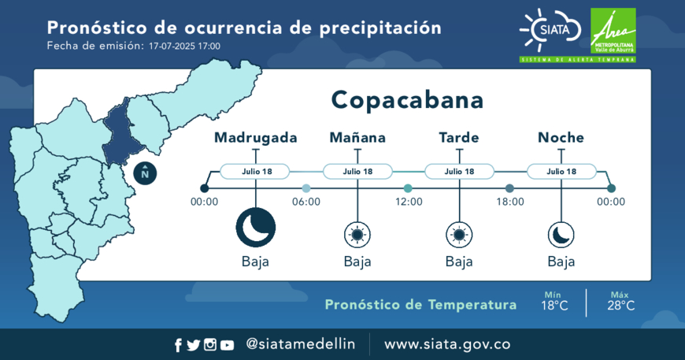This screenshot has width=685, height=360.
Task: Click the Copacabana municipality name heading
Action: pos(407,101)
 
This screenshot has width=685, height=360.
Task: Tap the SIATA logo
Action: pos(550,30)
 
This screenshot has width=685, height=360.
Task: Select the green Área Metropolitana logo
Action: pos(613,31)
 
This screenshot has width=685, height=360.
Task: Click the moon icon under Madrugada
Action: pos(256,228)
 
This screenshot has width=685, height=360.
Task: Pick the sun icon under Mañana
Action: pos(357,235)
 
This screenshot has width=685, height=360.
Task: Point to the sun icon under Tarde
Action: pos(459,235)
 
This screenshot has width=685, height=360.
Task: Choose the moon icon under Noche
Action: pos(561,235)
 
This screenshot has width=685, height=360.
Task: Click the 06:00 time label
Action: pos(306,202)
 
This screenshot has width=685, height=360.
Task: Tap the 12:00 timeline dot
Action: pos(408,188)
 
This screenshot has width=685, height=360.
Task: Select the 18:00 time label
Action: pos(510,202)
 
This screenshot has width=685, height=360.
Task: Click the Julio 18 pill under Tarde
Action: pos(459,171)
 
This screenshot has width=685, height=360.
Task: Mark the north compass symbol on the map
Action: pos(145,173)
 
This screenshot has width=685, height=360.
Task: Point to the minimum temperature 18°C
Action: pos(554,306)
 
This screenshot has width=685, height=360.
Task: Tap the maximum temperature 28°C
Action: pos(620,306)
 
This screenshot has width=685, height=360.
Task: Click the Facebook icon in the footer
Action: pos(178,345)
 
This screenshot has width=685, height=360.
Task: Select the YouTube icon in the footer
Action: pos(227,345)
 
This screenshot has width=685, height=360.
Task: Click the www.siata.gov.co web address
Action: pos(447,344)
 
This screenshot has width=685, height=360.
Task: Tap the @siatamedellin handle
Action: pos(301,343)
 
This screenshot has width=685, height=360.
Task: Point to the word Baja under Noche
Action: pos(561,262)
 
